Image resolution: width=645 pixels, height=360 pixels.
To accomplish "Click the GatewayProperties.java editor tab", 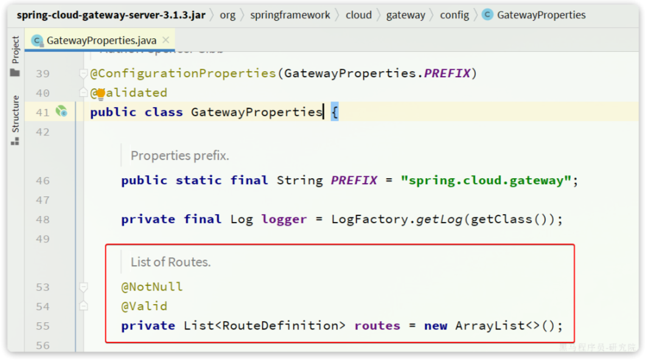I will coord(101,41).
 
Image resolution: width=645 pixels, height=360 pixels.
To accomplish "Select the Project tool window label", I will coord(15,50).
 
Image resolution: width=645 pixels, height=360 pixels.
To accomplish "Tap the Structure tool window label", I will coord(15,114).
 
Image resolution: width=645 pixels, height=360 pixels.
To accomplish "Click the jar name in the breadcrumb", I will coord(111,15).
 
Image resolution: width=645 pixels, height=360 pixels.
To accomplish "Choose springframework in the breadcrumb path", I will coord(290,15).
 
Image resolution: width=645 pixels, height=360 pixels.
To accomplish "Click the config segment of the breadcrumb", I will coord(455,15).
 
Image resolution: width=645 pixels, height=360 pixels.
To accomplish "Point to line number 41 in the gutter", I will coord(43,112).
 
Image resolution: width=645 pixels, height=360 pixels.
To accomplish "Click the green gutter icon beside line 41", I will coord(61,112).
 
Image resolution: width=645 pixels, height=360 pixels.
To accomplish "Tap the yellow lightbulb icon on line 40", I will coord(100,93).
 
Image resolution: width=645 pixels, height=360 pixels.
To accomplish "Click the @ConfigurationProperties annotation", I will coord(183,74).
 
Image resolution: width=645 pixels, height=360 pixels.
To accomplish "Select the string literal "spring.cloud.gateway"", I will coord(486,181).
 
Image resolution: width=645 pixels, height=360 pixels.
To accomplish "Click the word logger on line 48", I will coord(284,220).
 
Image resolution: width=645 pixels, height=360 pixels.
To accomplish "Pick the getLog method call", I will coord(439,220).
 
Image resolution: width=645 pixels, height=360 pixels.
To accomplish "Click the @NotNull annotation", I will coord(152,287).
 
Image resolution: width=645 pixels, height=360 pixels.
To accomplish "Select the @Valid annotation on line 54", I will coord(144,306).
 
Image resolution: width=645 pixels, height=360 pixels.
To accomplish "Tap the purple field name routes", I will coord(377,326).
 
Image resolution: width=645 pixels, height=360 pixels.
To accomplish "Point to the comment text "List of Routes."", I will coord(171,262).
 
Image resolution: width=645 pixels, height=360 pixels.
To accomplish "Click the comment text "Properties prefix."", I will coord(180,156).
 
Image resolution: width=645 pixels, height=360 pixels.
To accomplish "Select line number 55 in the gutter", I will coord(43,326).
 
